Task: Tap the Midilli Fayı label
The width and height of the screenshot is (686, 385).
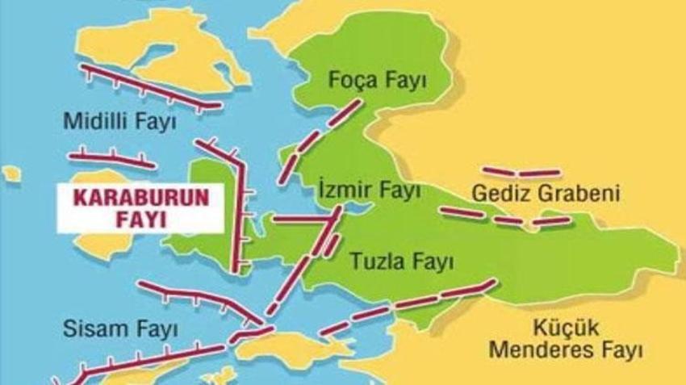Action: pos(120,121)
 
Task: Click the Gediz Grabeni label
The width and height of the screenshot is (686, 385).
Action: pos(546,195)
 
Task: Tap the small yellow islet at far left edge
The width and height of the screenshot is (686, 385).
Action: pos(10,174)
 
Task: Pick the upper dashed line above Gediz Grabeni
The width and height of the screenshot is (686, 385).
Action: pos(521,172)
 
